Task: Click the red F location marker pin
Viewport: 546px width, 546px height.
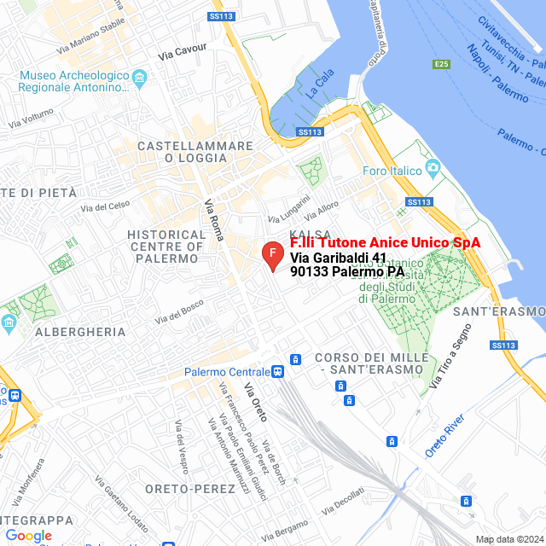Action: point(271,255)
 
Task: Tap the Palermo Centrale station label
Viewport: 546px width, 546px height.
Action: point(227,372)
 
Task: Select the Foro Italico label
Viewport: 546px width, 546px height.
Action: point(392,171)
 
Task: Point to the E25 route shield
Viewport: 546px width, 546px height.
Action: point(440,64)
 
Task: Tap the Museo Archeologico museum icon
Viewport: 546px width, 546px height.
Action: point(141,78)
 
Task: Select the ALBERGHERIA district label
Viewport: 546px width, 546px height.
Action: point(75,332)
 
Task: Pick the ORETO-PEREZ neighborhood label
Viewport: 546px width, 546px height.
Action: point(190,489)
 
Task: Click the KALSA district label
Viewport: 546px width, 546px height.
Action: point(305,234)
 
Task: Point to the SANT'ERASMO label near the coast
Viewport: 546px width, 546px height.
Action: point(499,311)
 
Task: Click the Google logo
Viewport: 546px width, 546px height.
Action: point(28,536)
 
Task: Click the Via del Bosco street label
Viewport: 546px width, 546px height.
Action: point(179,308)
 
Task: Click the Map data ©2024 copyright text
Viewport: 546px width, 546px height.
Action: point(509,539)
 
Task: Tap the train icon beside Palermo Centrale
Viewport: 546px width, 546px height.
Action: point(278,372)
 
